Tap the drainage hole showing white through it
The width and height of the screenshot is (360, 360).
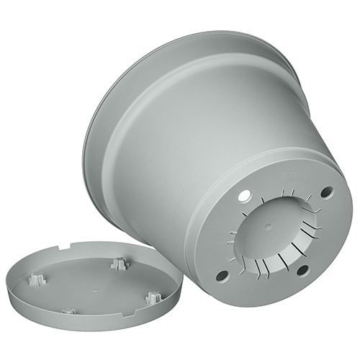[x=244, y=196]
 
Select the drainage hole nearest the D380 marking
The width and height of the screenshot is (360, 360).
[x=327, y=192]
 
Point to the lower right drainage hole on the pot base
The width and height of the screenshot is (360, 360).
[x=302, y=270]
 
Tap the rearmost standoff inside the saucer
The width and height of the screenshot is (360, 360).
[x=119, y=264]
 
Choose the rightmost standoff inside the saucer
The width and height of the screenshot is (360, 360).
[x=153, y=297]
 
